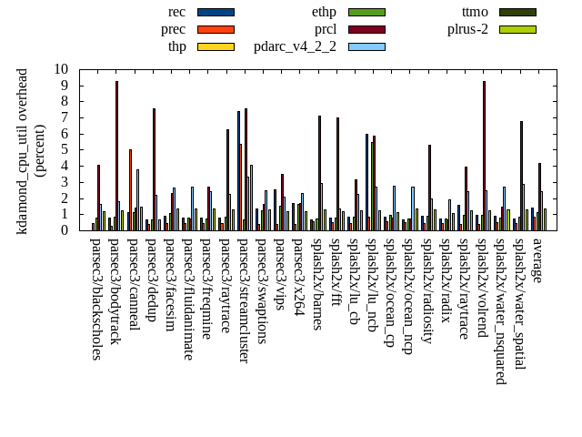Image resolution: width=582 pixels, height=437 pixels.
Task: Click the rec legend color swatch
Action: click(x=216, y=12)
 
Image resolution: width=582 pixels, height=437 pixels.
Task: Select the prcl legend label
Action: click(x=325, y=29)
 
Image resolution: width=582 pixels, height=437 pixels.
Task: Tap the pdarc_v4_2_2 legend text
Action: click(x=295, y=46)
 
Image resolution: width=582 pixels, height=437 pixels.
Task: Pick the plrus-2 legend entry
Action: click(x=467, y=29)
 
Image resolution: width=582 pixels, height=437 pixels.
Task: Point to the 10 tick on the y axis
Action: click(x=61, y=69)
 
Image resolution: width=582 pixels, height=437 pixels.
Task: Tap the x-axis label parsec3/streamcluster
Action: click(x=245, y=300)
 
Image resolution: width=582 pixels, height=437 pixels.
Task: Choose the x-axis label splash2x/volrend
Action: click(x=484, y=287)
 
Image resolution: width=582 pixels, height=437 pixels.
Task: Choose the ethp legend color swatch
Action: click(x=366, y=12)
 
